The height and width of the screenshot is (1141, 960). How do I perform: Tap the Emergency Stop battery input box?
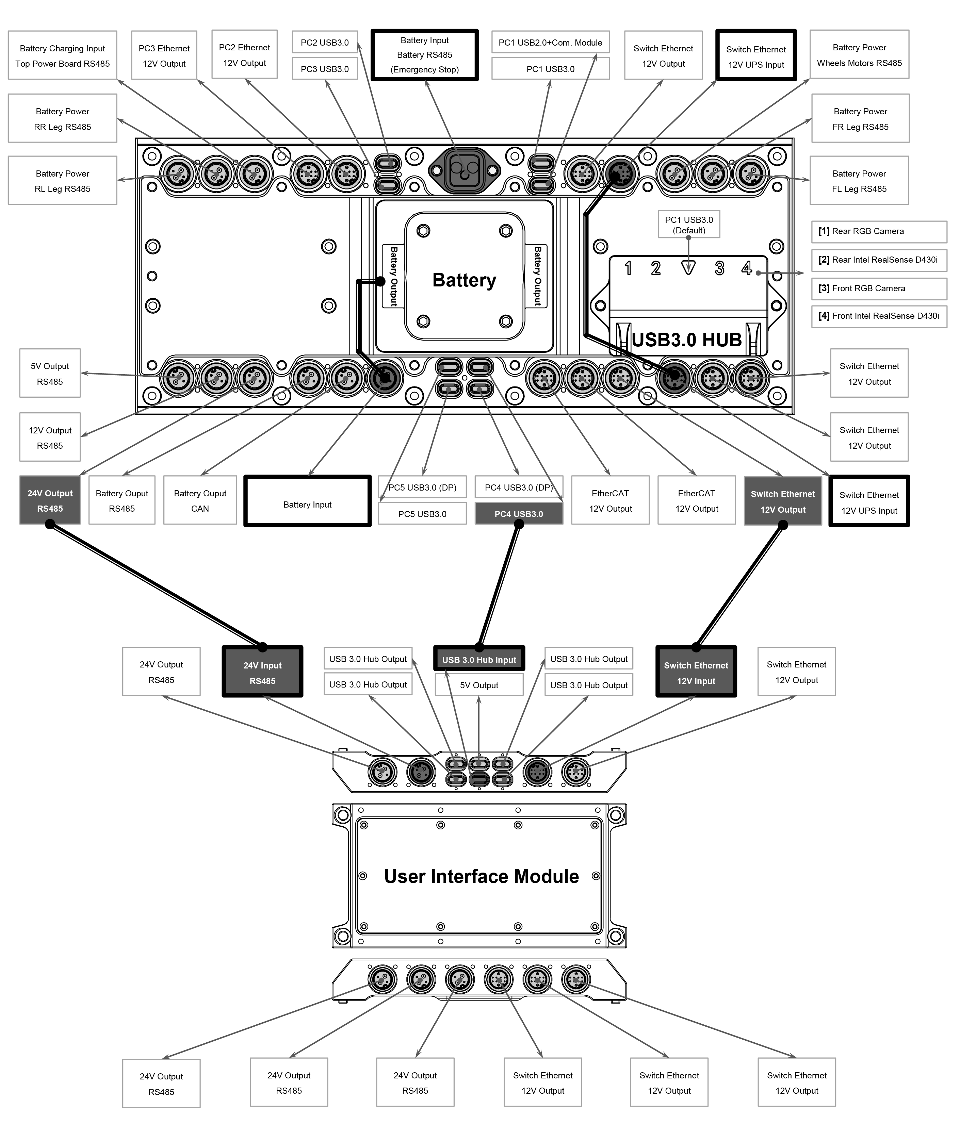(x=424, y=55)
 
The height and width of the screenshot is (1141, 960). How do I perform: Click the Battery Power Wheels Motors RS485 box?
(x=859, y=55)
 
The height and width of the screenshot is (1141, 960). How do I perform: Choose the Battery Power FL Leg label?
(x=859, y=181)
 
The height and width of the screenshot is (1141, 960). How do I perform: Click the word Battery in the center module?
(x=464, y=280)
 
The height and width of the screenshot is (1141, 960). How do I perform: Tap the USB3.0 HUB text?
(x=687, y=340)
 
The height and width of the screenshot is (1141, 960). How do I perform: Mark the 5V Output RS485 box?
(x=50, y=373)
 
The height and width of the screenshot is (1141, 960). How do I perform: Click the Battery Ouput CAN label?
(x=200, y=500)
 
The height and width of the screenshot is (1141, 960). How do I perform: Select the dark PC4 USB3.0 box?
(x=519, y=514)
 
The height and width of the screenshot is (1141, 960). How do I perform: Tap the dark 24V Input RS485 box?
(x=262, y=673)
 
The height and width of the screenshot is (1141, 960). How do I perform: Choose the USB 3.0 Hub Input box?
(x=479, y=660)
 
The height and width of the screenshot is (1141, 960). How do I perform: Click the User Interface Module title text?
(x=481, y=877)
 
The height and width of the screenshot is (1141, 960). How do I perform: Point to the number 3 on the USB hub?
(x=719, y=268)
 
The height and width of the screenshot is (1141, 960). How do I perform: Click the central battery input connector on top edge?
(x=464, y=170)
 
